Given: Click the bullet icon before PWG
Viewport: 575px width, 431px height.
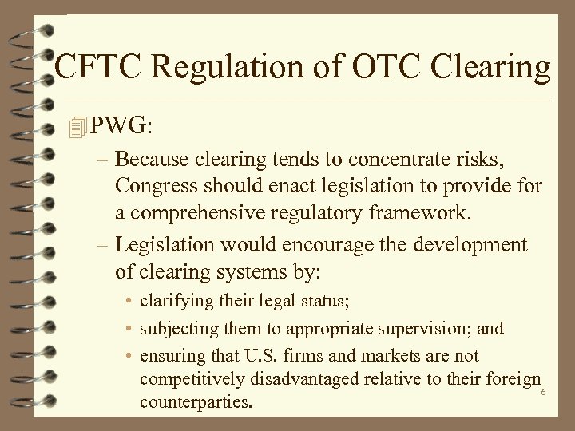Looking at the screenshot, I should (77, 126).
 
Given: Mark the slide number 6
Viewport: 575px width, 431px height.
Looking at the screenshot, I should (543, 393).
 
